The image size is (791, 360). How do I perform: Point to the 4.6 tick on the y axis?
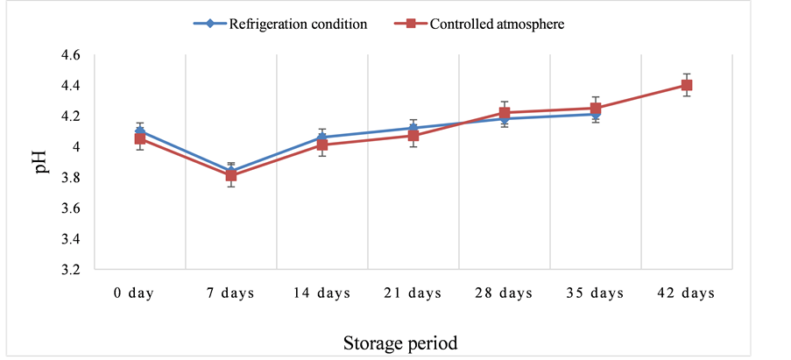pyautogui.click(x=69, y=55)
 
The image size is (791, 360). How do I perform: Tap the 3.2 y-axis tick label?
pyautogui.click(x=69, y=270)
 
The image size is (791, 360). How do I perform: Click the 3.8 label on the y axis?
pyautogui.click(x=69, y=178)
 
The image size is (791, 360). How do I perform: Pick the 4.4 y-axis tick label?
pyautogui.click(x=69, y=86)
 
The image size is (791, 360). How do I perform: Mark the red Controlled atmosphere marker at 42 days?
pyautogui.click(x=687, y=85)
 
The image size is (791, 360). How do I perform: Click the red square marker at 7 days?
pyautogui.click(x=231, y=176)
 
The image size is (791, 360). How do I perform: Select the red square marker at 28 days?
pyautogui.click(x=505, y=113)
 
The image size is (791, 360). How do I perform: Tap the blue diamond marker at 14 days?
pyautogui.click(x=322, y=138)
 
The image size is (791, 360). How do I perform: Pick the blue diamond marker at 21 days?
pyautogui.click(x=413, y=128)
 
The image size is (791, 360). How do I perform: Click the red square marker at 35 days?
pyautogui.click(x=596, y=109)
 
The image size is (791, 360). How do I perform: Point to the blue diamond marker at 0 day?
pyautogui.click(x=140, y=131)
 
